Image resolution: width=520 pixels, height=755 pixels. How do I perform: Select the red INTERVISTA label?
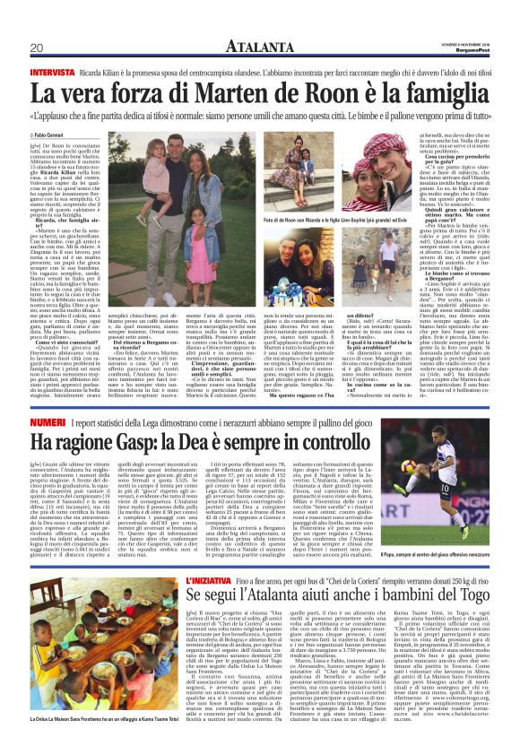[52, 70]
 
